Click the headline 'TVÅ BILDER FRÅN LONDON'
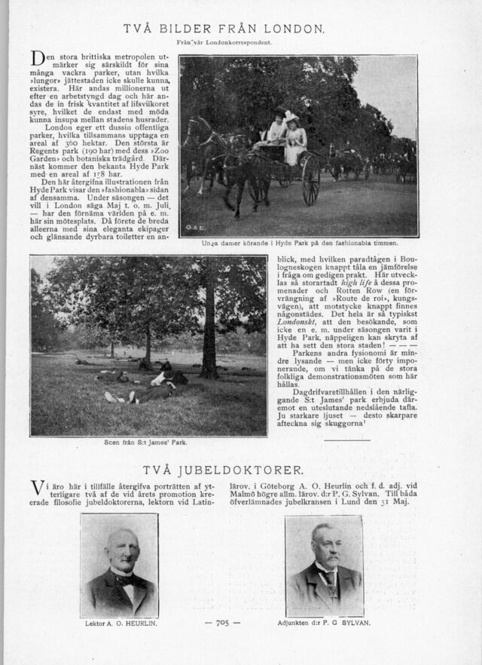[224, 30]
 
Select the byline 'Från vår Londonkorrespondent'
[223, 43]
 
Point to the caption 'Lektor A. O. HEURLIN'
[120, 624]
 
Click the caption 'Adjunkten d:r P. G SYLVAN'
[325, 624]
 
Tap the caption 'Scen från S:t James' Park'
[145, 443]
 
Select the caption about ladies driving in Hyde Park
[299, 244]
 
